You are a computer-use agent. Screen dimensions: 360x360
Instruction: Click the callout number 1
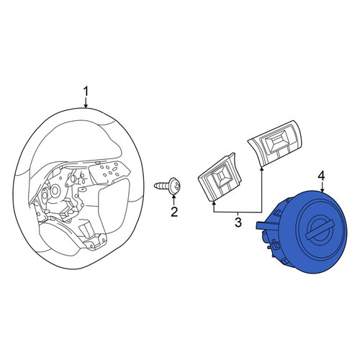pyautogui.click(x=86, y=92)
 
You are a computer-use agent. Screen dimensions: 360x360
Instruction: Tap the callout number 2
pyautogui.click(x=174, y=212)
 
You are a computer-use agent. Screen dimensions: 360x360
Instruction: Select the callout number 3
pyautogui.click(x=238, y=222)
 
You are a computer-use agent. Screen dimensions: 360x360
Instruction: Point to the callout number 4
pyautogui.click(x=321, y=176)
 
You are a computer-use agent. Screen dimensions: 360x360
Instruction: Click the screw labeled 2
pyautogui.click(x=168, y=186)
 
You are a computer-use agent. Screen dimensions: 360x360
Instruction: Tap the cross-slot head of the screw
pyautogui.click(x=176, y=186)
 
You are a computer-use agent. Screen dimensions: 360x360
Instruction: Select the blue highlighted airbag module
pyautogui.click(x=302, y=232)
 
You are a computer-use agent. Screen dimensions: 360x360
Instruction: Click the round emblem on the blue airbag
pyautogui.click(x=317, y=230)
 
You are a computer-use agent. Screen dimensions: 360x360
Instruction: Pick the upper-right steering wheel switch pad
pyautogui.click(x=275, y=143)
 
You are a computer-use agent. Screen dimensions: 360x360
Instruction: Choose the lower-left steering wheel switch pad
pyautogui.click(x=220, y=177)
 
